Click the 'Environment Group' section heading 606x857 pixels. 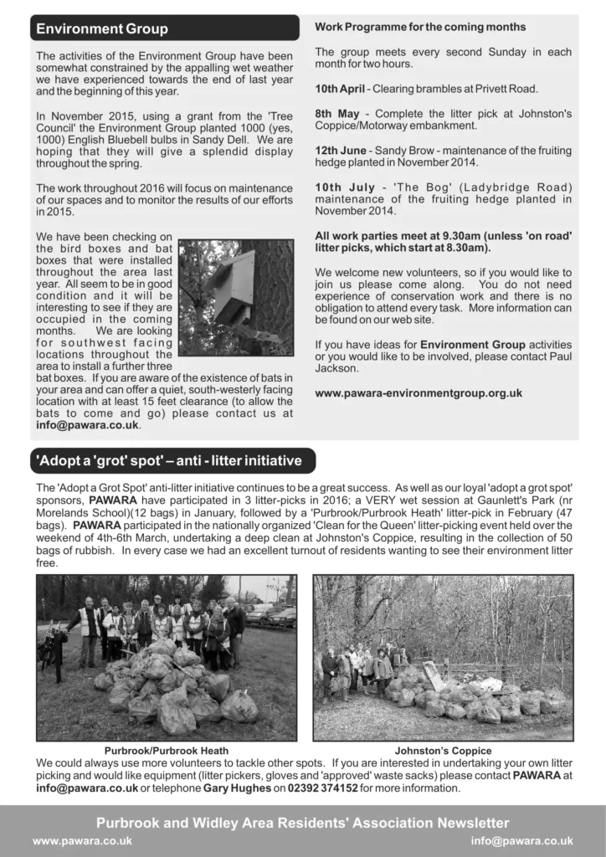point(102,28)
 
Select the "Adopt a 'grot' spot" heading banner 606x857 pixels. point(172,460)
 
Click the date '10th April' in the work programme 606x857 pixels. point(340,89)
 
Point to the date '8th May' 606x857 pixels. point(333,113)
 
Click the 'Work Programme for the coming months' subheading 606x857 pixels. point(420,27)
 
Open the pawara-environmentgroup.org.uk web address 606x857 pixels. point(419,393)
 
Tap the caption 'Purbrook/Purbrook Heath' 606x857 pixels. point(166,751)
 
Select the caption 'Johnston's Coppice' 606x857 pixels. point(443,751)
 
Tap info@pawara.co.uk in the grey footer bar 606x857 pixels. point(521,840)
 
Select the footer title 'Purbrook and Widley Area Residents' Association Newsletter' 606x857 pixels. point(302,823)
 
